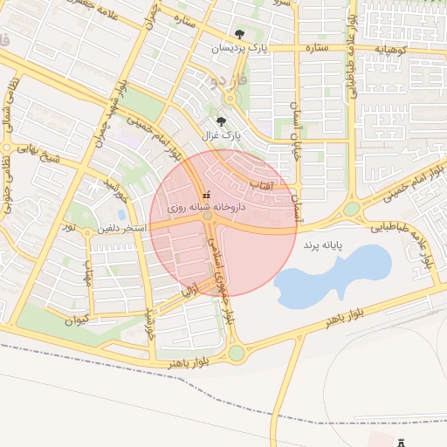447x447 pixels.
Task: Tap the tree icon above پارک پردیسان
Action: point(239,35)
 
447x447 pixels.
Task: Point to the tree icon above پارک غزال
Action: point(220,122)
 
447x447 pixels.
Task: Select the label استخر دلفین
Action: point(124,228)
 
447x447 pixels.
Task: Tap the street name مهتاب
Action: point(88,275)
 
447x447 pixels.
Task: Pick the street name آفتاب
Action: point(262,185)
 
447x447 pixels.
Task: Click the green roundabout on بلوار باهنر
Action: point(236,353)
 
